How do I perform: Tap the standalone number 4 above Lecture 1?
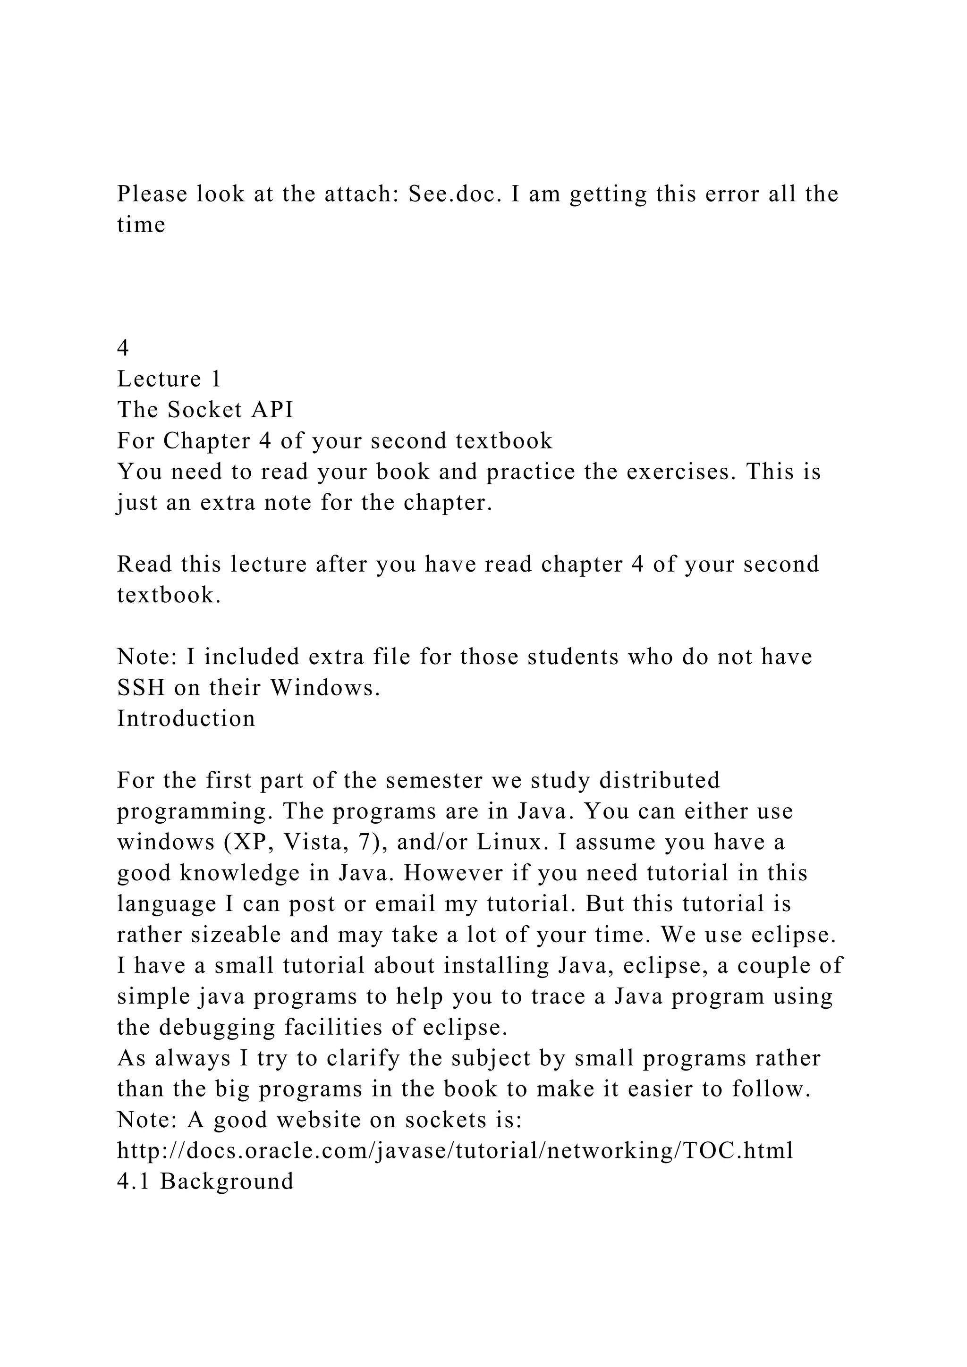(x=123, y=348)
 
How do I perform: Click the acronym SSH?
(x=141, y=688)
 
